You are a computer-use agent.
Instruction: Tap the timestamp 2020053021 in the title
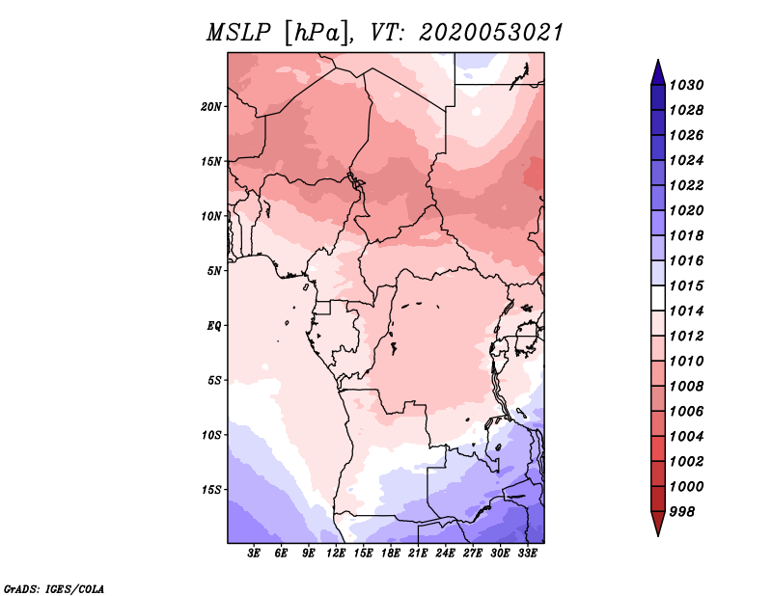pyautogui.click(x=490, y=33)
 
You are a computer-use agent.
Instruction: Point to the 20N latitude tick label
pyautogui.click(x=211, y=106)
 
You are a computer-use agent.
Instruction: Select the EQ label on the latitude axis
pyautogui.click(x=214, y=325)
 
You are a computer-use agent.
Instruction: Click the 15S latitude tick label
pyautogui.click(x=211, y=489)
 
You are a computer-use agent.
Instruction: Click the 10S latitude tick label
pyautogui.click(x=211, y=435)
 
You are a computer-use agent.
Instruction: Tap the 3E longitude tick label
pyautogui.click(x=255, y=554)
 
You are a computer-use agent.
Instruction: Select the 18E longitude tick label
pyautogui.click(x=390, y=554)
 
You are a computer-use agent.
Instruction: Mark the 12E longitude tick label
pyautogui.click(x=336, y=554)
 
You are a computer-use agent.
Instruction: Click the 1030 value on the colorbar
pyautogui.click(x=688, y=85)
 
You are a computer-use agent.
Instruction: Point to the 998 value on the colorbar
pyautogui.click(x=684, y=511)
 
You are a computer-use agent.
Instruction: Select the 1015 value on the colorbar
pyautogui.click(x=688, y=285)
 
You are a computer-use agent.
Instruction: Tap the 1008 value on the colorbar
pyautogui.click(x=688, y=386)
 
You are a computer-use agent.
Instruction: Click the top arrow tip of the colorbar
pyautogui.click(x=657, y=62)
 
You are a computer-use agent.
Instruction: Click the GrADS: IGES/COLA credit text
pyautogui.click(x=53, y=587)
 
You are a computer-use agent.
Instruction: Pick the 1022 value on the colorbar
pyautogui.click(x=688, y=185)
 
